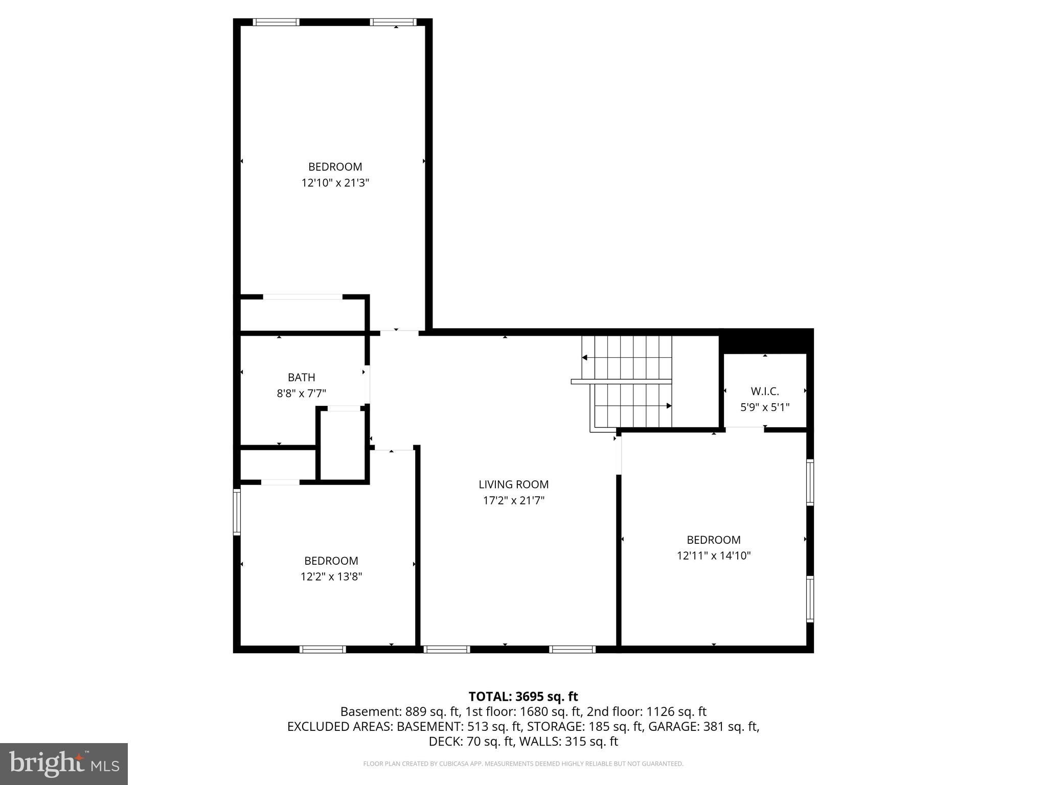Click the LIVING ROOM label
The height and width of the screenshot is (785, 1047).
click(513, 484)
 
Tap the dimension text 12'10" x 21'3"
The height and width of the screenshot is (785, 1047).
click(335, 183)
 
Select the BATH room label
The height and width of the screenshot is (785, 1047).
click(301, 378)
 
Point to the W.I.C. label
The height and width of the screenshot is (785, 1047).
click(765, 392)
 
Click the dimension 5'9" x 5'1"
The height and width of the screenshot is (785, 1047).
click(765, 408)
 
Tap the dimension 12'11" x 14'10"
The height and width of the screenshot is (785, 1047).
click(713, 556)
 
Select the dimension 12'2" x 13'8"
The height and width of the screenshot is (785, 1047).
click(331, 576)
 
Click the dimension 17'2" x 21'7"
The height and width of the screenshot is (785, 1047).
click(513, 501)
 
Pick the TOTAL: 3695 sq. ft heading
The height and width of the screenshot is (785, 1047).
click(523, 697)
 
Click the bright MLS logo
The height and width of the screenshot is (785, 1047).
click(63, 764)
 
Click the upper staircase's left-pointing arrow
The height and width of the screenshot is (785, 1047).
click(585, 358)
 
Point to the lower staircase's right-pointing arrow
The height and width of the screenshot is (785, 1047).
click(668, 406)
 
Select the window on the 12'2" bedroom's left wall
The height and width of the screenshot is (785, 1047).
click(237, 512)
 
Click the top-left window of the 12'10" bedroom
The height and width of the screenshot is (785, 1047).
click(276, 22)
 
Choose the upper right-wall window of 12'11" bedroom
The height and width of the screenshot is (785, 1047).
click(810, 482)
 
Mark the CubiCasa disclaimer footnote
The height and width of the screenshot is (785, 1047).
click(523, 764)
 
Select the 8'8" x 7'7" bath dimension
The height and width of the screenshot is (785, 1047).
click(301, 394)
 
